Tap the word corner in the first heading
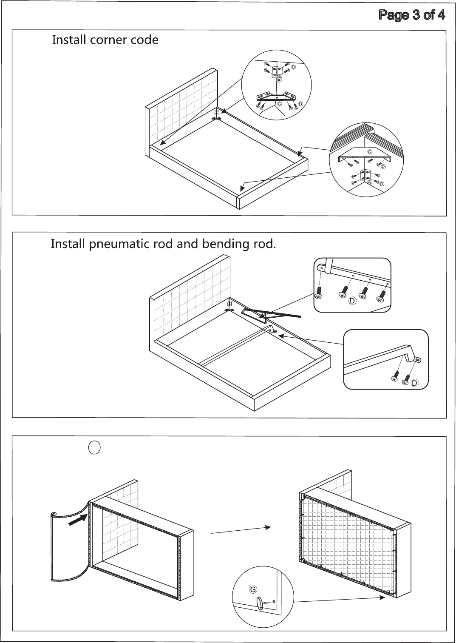point(105,40)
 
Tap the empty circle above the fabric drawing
point(94,447)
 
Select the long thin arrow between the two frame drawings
point(241,530)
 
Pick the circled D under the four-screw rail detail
point(352,301)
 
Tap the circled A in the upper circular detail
point(279,80)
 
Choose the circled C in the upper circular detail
point(279,104)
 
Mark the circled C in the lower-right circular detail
point(370,152)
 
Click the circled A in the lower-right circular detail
point(370,182)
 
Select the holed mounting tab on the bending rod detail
point(417,359)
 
